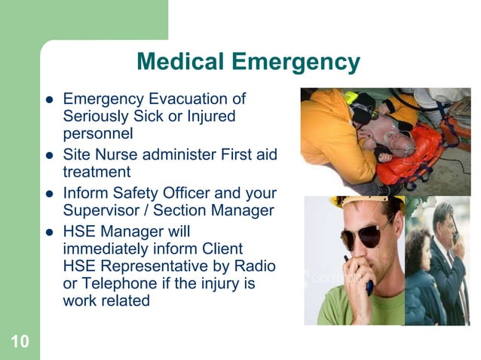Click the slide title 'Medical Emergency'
tap(249, 62)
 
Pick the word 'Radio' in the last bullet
tap(256, 266)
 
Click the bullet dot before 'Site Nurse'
tap(49, 156)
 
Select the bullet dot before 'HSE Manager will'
tap(49, 230)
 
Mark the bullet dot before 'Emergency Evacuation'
tap(49, 100)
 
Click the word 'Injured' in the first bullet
tap(210, 117)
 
